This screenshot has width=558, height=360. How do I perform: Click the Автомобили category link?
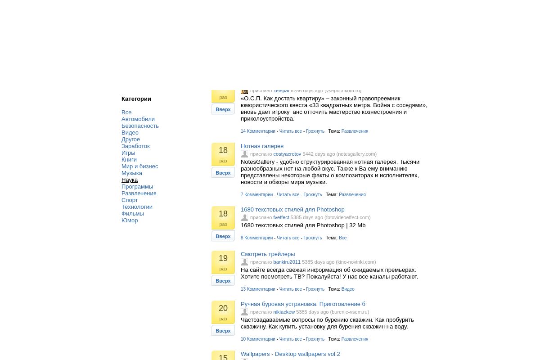pyautogui.click(x=138, y=119)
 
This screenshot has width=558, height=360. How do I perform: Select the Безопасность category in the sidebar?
pyautogui.click(x=140, y=126)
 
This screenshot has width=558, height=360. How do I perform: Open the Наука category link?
pyautogui.click(x=130, y=180)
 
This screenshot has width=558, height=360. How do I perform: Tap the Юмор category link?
pyautogui.click(x=130, y=220)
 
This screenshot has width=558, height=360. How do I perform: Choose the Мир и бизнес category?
pyautogui.click(x=139, y=166)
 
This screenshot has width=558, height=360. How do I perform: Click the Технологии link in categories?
pyautogui.click(x=137, y=207)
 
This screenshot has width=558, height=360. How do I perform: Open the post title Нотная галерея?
pyautogui.click(x=262, y=146)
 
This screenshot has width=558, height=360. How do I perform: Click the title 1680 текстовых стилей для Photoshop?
pyautogui.click(x=292, y=210)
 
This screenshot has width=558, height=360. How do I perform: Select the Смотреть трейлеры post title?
pyautogui.click(x=268, y=254)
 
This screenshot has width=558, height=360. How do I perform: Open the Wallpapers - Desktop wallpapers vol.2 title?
pyautogui.click(x=290, y=354)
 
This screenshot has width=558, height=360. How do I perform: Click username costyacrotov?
pyautogui.click(x=287, y=154)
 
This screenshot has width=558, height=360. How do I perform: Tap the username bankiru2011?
pyautogui.click(x=287, y=262)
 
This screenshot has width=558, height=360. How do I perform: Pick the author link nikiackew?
pyautogui.click(x=284, y=312)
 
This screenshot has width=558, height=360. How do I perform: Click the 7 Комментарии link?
pyautogui.click(x=256, y=195)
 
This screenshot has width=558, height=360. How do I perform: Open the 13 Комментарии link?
pyautogui.click(x=258, y=289)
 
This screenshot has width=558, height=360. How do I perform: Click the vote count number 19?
pyautogui.click(x=223, y=259)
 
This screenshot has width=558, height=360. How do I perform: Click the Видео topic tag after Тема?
pyautogui.click(x=348, y=289)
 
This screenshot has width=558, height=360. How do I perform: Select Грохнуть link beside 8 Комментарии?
pyautogui.click(x=313, y=238)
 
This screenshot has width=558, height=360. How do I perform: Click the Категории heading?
pyautogui.click(x=136, y=99)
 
